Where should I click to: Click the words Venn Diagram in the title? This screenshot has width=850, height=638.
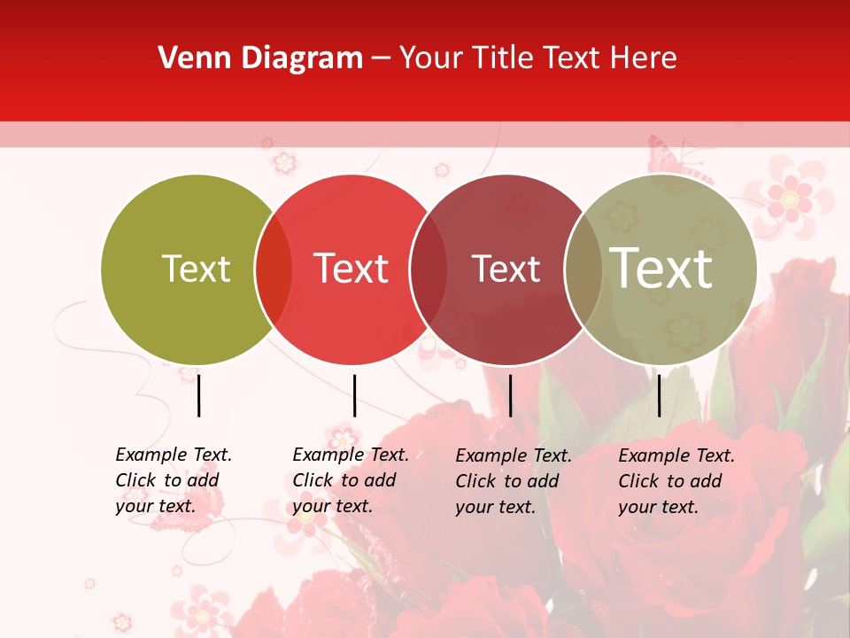pyautogui.click(x=260, y=58)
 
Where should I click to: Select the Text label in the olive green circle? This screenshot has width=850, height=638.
pyautogui.click(x=196, y=268)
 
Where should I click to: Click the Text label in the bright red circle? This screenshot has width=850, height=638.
pyautogui.click(x=351, y=268)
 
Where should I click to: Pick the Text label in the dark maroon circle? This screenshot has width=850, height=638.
pyautogui.click(x=506, y=268)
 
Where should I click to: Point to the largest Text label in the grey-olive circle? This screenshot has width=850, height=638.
pyautogui.click(x=661, y=268)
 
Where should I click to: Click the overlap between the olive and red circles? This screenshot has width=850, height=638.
pyautogui.click(x=274, y=269)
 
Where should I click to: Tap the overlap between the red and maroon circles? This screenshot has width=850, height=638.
pyautogui.click(x=429, y=269)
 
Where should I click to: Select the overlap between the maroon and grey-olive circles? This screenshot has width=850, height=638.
pyautogui.click(x=583, y=269)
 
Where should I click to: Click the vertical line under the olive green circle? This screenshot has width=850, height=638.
pyautogui.click(x=198, y=395)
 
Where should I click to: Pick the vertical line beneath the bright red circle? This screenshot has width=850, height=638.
pyautogui.click(x=354, y=395)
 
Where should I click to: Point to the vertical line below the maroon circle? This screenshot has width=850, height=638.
pyautogui.click(x=510, y=395)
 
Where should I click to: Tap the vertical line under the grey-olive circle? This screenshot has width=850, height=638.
pyautogui.click(x=659, y=395)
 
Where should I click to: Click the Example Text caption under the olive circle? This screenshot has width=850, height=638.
pyautogui.click(x=173, y=480)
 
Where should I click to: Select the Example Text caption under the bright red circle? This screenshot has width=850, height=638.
pyautogui.click(x=350, y=480)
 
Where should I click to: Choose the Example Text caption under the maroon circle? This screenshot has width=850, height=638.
pyautogui.click(x=513, y=481)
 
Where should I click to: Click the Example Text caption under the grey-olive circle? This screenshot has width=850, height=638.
pyautogui.click(x=676, y=481)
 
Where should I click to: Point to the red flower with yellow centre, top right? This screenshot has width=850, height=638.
pyautogui.click(x=789, y=197)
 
